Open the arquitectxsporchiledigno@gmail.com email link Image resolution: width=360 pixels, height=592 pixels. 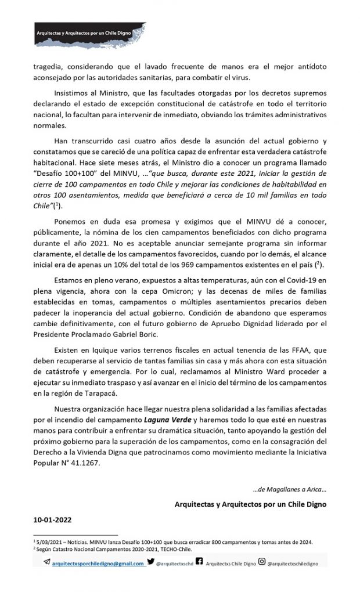coord(98,563)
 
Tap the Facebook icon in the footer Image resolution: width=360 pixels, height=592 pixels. coord(199,562)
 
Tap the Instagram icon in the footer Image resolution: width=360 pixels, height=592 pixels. coord(262,562)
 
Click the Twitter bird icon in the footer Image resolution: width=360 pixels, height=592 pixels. coord(150,562)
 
